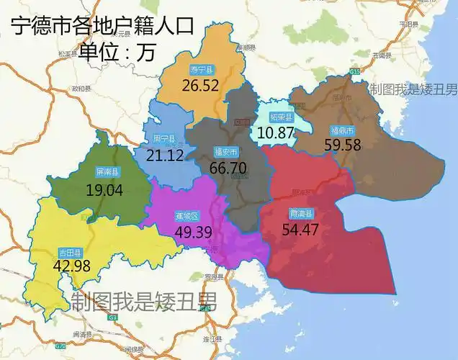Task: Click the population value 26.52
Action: click(200, 86)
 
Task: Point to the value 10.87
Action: click(276, 132)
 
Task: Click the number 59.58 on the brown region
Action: click(343, 145)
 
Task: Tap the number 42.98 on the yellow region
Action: click(71, 266)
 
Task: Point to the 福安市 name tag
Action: click(226, 152)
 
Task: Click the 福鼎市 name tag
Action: click(341, 130)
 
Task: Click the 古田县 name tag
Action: click(70, 252)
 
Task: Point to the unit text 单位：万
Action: click(117, 52)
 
